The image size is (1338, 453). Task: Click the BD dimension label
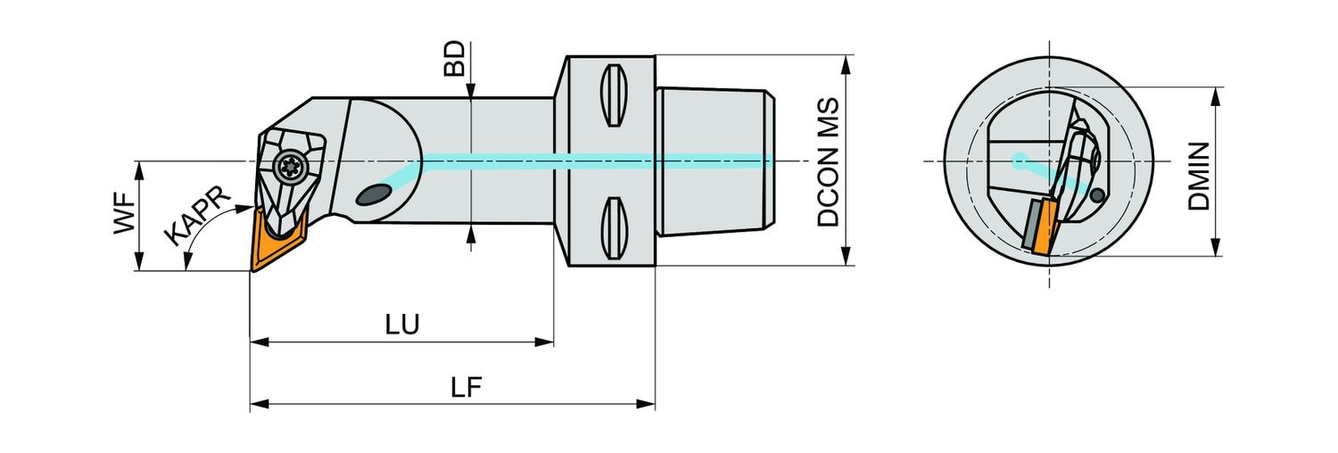point(455,58)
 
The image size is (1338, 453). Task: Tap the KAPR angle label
point(198,217)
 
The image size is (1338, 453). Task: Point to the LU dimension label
point(402,325)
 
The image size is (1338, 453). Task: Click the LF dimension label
point(467,387)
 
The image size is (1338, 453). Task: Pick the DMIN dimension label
point(1199,176)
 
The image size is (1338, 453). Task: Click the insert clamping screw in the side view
point(289,164)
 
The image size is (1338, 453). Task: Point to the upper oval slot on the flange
point(611,95)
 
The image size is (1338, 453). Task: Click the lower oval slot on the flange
point(611,228)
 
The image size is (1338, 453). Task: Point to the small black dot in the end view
point(1098,195)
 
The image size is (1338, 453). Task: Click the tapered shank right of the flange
point(714,161)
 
